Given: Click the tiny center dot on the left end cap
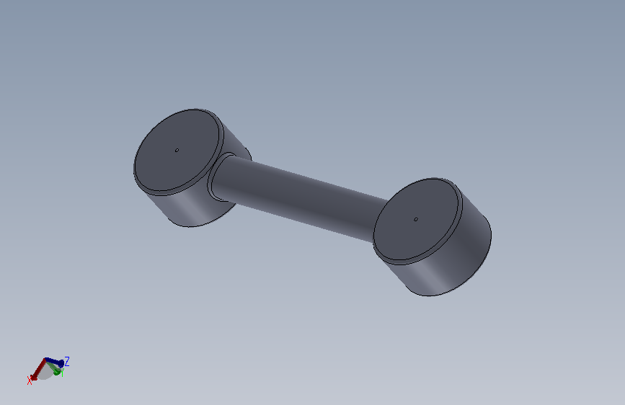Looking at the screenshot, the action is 177,151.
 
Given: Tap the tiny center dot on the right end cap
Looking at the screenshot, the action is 416,219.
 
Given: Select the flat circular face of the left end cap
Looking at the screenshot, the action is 177,151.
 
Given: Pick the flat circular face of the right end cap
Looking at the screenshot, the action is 417,220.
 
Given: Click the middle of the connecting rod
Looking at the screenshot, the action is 300,197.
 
